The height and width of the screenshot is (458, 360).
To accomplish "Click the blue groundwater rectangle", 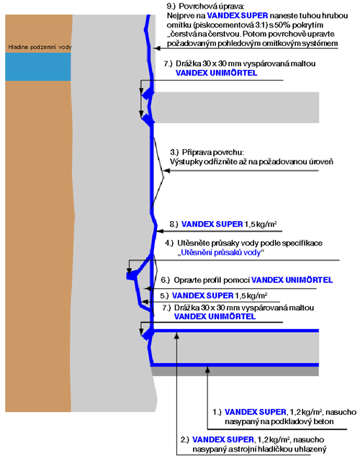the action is pyautogui.click(x=38, y=67).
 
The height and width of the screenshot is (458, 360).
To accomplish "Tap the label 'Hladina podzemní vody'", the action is pyautogui.click(x=40, y=47).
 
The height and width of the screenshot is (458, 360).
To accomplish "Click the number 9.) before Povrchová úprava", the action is pyautogui.click(x=171, y=6).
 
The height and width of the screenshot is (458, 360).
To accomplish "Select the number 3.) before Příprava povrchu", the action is pyautogui.click(x=174, y=152).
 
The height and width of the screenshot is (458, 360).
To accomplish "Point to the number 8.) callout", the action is pyautogui.click(x=174, y=224).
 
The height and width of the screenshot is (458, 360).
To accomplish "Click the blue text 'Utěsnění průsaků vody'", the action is pyautogui.click(x=221, y=252).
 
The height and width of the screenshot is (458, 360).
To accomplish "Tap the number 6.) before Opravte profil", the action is pyautogui.click(x=166, y=280).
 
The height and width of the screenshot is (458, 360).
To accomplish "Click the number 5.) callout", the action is pyautogui.click(x=164, y=295).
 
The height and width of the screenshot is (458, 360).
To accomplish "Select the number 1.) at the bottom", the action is pyautogui.click(x=217, y=412).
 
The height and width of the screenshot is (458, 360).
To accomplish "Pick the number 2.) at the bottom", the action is pyautogui.click(x=185, y=439).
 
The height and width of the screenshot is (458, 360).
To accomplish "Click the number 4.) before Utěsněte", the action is pyautogui.click(x=169, y=243).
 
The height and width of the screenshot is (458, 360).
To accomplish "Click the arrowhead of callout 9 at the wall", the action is pyautogui.click(x=157, y=48).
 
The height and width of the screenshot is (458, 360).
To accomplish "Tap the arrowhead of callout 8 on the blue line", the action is pyautogui.click(x=159, y=231).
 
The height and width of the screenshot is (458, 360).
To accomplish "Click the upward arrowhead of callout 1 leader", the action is pyautogui.click(x=207, y=369).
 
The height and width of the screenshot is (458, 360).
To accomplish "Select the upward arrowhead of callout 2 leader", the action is pyautogui.click(x=176, y=336).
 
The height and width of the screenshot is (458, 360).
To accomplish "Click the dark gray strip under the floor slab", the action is pyautogui.click(x=235, y=371).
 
